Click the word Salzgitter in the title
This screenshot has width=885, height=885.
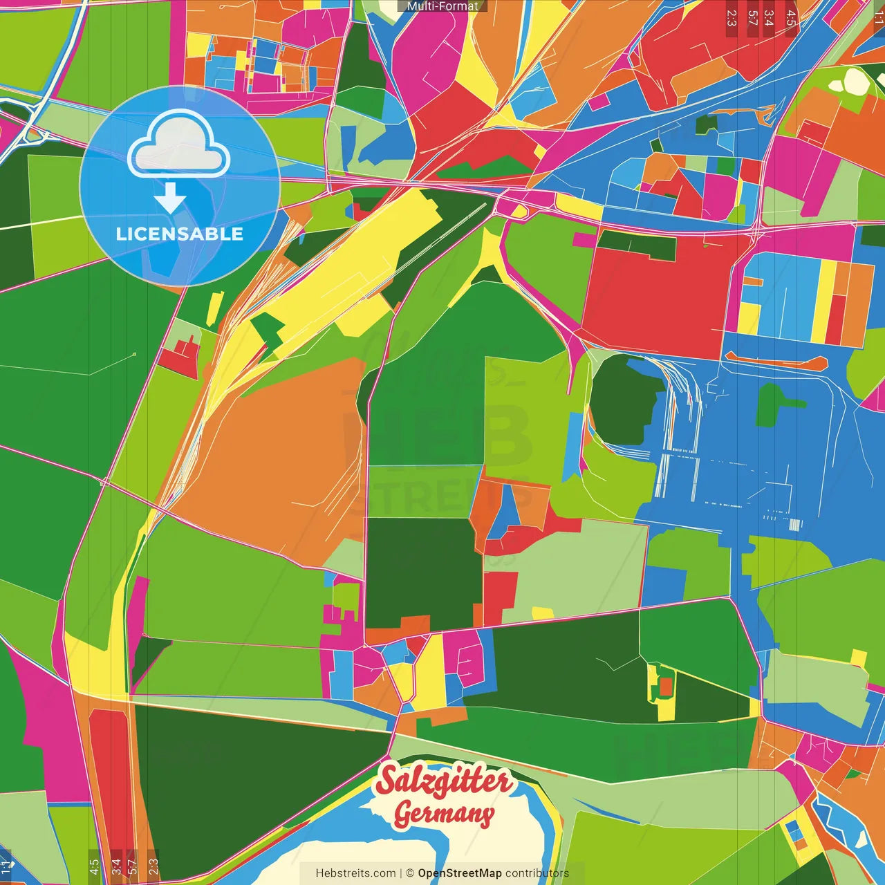444,781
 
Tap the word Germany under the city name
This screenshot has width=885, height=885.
444,814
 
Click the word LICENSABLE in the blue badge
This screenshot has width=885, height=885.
180,234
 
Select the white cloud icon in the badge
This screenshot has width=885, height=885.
179,146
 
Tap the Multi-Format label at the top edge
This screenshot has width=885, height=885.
442,6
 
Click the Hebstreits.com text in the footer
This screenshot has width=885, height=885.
355,873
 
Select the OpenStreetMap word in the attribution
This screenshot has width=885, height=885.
459,873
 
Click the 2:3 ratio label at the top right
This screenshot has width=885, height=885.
732,18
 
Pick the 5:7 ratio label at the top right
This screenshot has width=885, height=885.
752,18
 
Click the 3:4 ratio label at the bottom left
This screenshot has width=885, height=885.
116,866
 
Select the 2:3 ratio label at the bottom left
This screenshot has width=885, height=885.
153,866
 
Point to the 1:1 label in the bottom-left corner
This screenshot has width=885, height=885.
6,866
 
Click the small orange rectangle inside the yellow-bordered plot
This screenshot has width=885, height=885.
666,687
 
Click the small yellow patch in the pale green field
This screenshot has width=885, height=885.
542,613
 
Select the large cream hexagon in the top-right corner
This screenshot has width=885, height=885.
856,81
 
